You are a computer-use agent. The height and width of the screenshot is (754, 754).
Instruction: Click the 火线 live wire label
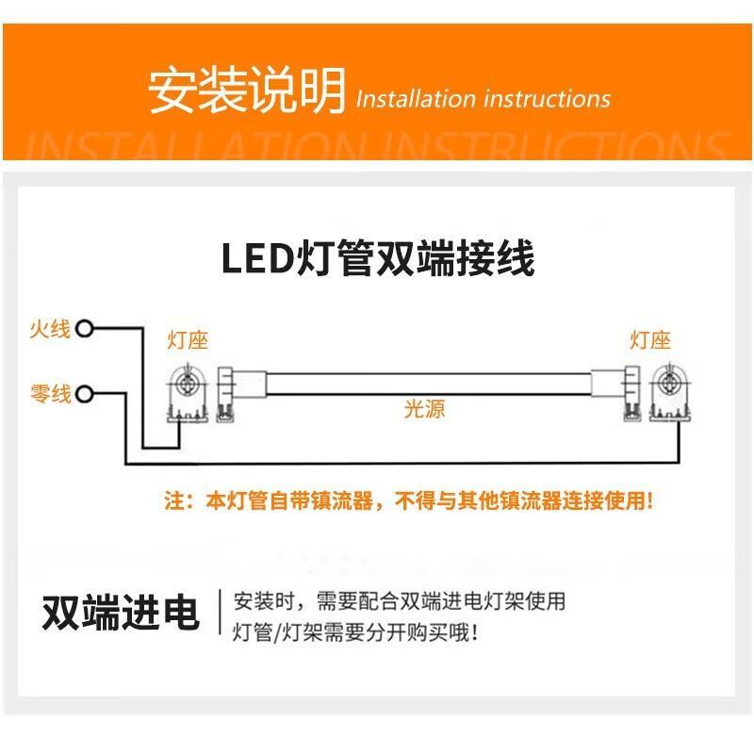coord(50,329)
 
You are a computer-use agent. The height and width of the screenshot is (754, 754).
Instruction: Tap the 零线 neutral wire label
coord(51,394)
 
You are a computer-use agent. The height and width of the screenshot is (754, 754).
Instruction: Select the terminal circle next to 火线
coord(85,329)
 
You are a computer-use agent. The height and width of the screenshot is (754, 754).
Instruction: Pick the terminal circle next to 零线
coord(85,394)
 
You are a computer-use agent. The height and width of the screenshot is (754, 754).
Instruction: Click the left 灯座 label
coord(188,340)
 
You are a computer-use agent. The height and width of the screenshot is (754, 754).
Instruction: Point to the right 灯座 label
coord(650,340)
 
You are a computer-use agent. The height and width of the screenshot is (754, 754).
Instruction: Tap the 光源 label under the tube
coord(424,409)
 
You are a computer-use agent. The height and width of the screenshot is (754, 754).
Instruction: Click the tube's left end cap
coord(241,394)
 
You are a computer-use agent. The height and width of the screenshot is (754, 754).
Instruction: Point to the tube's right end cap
coord(616,394)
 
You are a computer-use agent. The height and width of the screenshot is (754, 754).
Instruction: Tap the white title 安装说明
coord(246,90)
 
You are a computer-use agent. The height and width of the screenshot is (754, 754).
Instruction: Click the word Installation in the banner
coord(416,99)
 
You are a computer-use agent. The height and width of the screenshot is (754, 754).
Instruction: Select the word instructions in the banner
coord(548,99)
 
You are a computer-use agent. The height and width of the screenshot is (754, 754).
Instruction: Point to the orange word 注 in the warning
coord(174,500)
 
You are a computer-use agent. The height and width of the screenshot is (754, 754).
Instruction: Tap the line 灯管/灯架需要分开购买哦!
coord(355,632)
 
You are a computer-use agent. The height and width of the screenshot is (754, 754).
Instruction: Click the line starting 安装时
coord(400,601)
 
